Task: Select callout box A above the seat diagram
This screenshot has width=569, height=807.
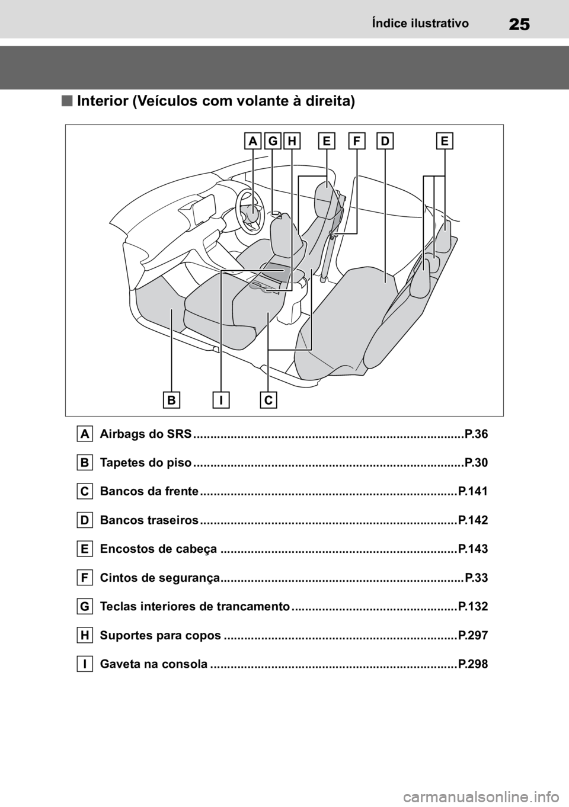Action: pos(253,141)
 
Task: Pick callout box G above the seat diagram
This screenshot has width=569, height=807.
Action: pos(272,141)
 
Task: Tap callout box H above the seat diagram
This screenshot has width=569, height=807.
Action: pos(292,141)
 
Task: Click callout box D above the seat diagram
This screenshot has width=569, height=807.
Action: pos(385,141)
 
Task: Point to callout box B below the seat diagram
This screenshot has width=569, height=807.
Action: pos(171,401)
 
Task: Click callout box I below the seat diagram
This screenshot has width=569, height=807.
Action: pos(220,401)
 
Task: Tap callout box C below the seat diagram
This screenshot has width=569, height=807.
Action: pos(268,401)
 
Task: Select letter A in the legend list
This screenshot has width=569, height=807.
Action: pos(85,434)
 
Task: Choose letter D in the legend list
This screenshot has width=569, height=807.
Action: pos(85,520)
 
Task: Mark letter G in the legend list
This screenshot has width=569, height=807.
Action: pos(85,606)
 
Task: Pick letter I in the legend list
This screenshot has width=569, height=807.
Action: pos(85,664)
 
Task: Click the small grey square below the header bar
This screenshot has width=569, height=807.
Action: pos(66,101)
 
